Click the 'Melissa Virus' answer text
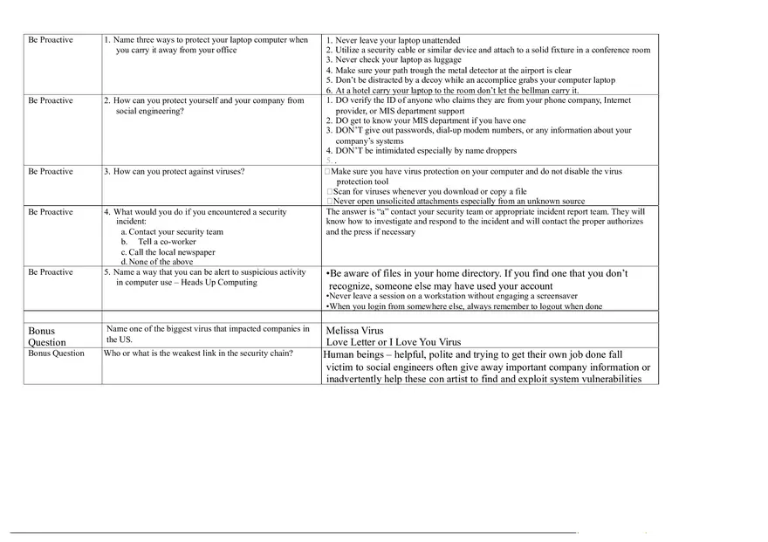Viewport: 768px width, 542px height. click(354, 332)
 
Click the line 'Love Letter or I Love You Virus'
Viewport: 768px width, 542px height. click(393, 342)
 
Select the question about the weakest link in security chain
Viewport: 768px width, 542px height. click(198, 353)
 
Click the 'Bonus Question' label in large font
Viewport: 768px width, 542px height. click(47, 337)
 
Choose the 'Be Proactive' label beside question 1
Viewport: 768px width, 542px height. click(51, 40)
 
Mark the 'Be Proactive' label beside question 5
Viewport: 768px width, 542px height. click(51, 272)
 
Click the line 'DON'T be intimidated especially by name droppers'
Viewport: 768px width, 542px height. click(433, 151)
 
